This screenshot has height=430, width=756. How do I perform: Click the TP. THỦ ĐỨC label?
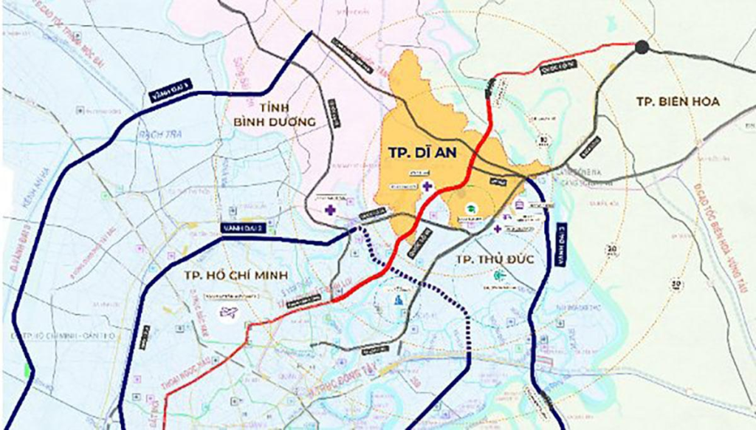[495, 259]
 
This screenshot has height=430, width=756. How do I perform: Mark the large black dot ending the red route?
[642, 47]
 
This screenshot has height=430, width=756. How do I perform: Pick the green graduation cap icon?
[470, 209]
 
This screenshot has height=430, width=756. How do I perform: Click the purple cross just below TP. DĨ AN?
[427, 185]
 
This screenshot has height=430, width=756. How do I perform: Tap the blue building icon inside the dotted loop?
[399, 299]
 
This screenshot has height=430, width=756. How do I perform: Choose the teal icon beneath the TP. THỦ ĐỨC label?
[499, 275]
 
